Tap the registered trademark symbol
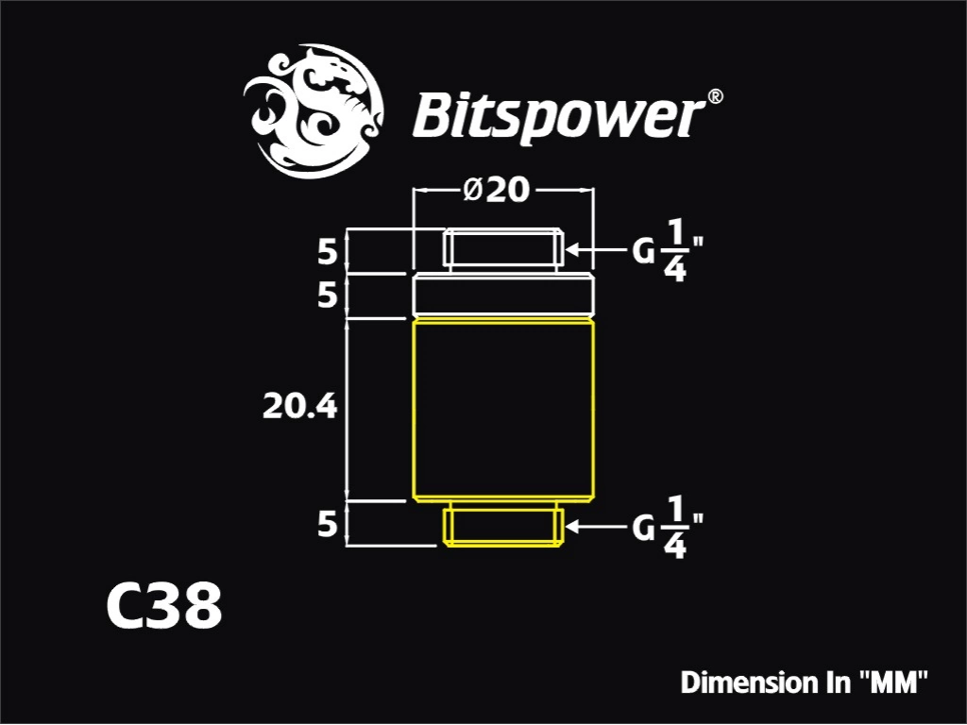pyautogui.click(x=714, y=96)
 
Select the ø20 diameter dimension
pyautogui.click(x=495, y=190)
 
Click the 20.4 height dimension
pyautogui.click(x=299, y=407)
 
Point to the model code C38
pyautogui.click(x=164, y=606)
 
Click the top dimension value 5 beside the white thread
pyautogui.click(x=328, y=251)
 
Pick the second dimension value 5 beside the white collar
pyautogui.click(x=328, y=295)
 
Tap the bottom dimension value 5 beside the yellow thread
pyautogui.click(x=328, y=524)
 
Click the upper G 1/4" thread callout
pyautogui.click(x=668, y=251)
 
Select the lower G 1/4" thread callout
pyautogui.click(x=668, y=528)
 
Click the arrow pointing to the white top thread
pyautogui.click(x=597, y=249)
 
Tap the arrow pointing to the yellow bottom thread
pyautogui.click(x=597, y=527)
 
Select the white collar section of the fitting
pyautogui.click(x=504, y=295)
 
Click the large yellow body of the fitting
pyautogui.click(x=504, y=410)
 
